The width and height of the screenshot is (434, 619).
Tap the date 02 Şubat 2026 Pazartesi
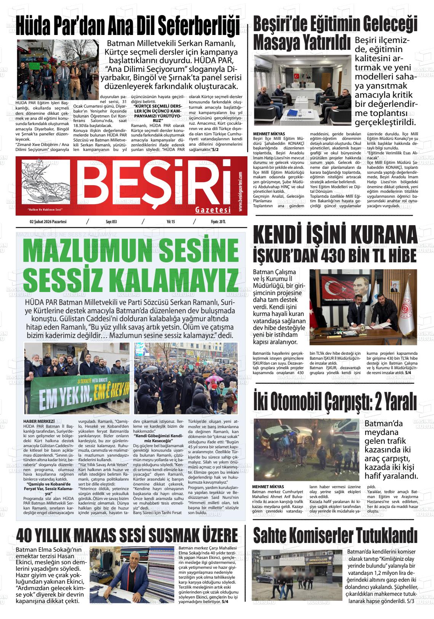[x=48, y=222]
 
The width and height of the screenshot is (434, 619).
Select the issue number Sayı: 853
[x=111, y=222]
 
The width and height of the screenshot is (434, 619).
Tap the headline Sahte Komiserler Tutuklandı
[x=335, y=536]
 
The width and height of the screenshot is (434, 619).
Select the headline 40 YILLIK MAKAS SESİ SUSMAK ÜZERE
[x=127, y=536]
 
